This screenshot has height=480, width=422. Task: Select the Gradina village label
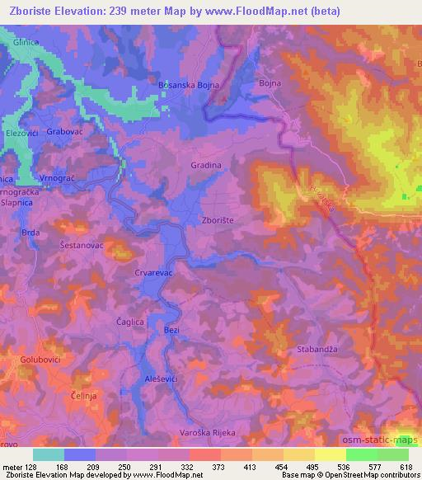[206, 165]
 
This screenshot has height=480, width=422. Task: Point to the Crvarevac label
[152, 271]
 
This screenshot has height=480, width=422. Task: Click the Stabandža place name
[316, 350]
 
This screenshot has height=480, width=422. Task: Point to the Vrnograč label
[59, 178]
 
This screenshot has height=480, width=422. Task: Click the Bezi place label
[171, 330]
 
